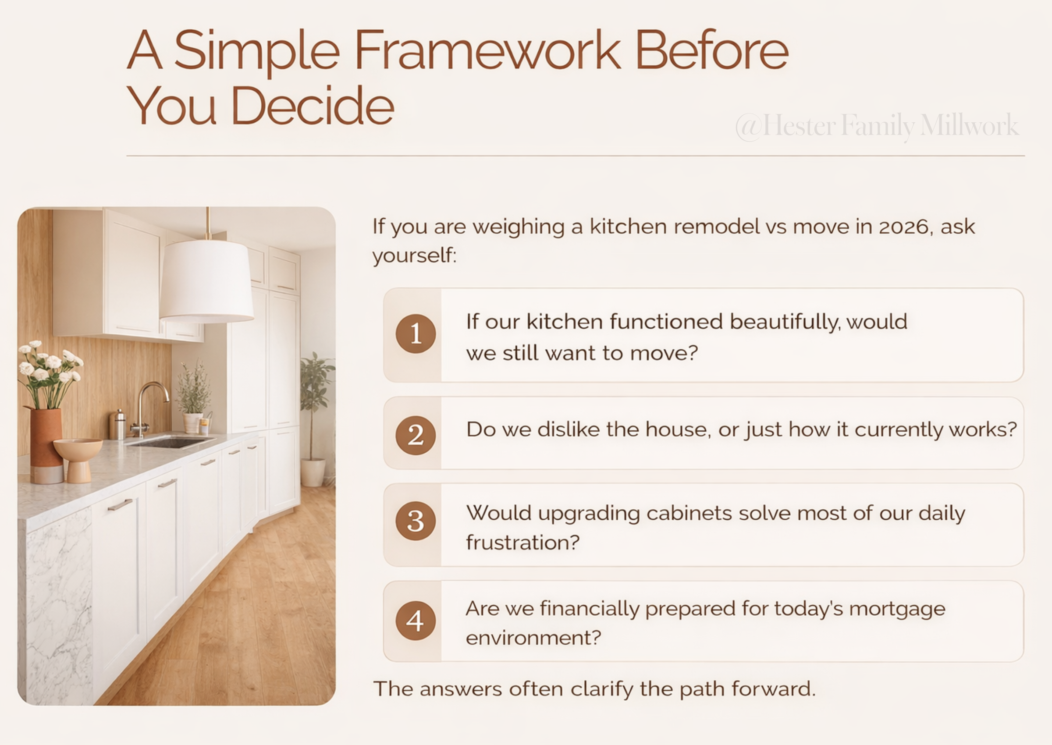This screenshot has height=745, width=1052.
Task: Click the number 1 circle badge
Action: click(x=416, y=333)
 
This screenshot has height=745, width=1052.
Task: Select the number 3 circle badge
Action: click(x=416, y=521)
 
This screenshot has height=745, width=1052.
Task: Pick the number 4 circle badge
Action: click(x=416, y=621)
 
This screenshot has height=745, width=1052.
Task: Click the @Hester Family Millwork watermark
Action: click(x=877, y=126)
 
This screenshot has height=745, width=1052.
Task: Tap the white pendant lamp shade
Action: click(x=206, y=281)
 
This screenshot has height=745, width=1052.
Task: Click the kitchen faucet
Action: click(x=149, y=404)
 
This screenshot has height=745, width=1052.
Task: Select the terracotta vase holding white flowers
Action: click(x=46, y=440)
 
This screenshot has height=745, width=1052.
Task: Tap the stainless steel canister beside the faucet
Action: click(x=119, y=425)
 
